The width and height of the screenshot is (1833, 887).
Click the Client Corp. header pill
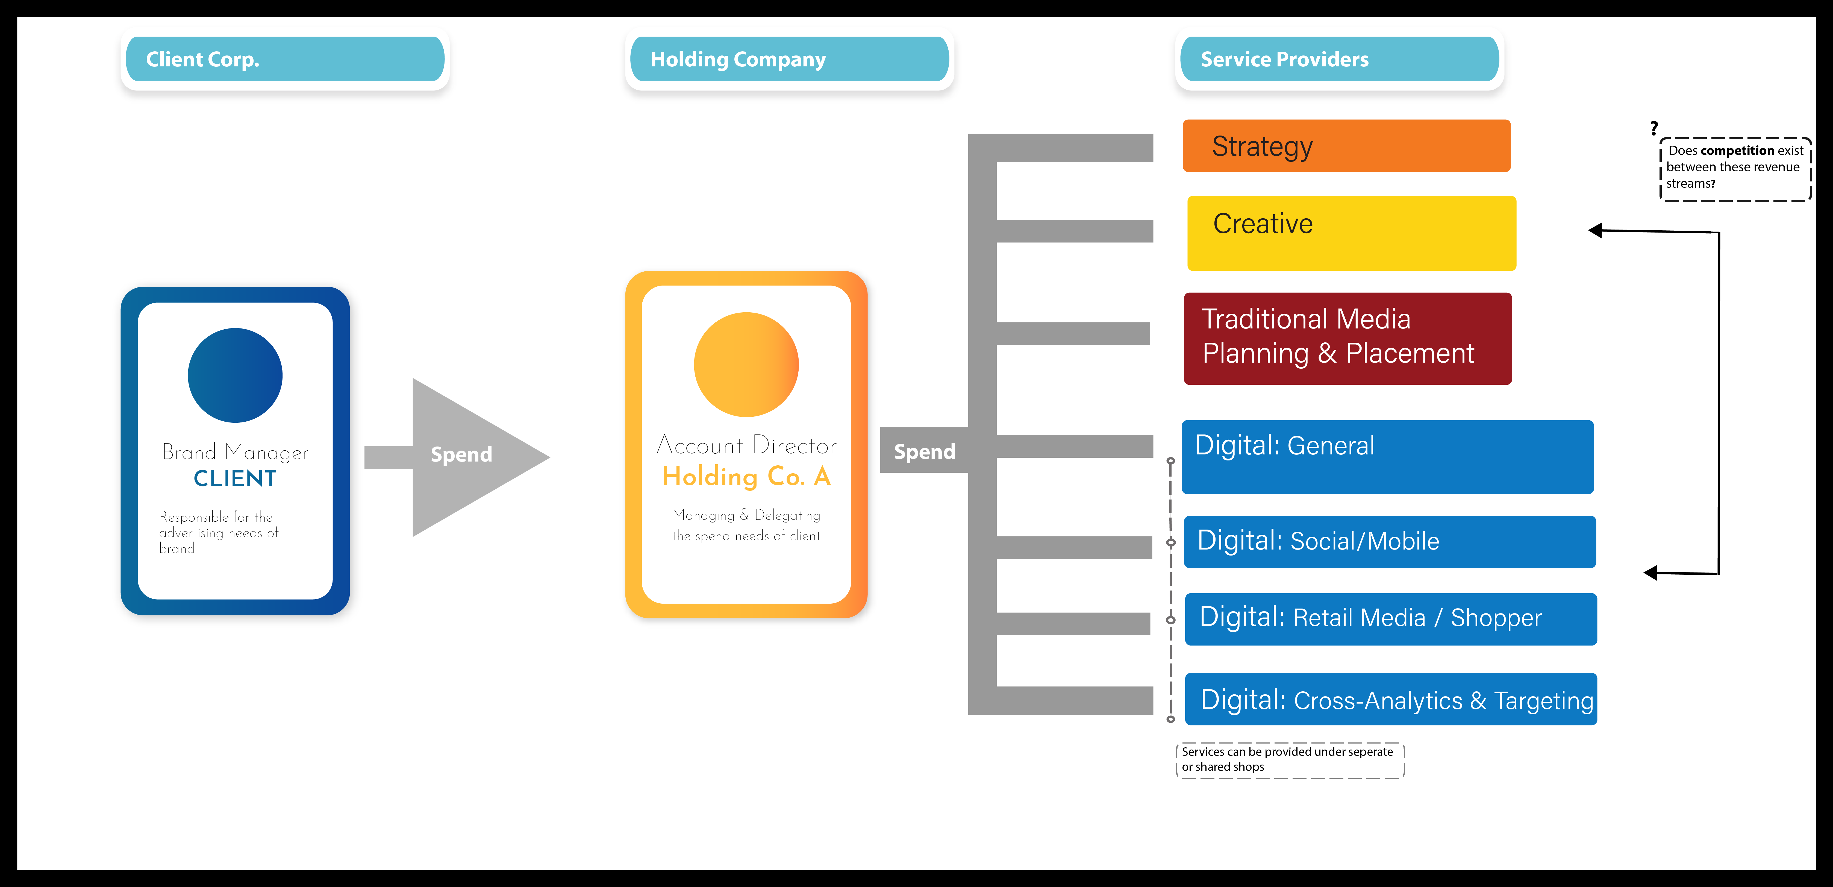(285, 59)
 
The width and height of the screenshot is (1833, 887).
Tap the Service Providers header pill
(1339, 59)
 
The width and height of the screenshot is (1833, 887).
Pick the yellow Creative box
(1351, 233)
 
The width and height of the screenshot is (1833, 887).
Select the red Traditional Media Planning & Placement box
(1347, 338)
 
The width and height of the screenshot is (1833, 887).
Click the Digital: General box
(1387, 456)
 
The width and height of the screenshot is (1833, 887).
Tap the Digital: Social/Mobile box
(1389, 542)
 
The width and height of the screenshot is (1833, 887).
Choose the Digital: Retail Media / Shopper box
(1390, 619)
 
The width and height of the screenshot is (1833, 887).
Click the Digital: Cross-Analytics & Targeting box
(1390, 699)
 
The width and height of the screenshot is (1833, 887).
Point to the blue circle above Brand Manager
(235, 375)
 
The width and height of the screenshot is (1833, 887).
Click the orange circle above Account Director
(746, 365)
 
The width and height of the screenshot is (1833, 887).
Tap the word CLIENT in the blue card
(235, 478)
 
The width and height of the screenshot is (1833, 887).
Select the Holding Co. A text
(746, 476)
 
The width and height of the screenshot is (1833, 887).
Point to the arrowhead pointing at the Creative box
(1596, 230)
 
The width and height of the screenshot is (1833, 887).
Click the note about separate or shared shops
(1289, 760)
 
